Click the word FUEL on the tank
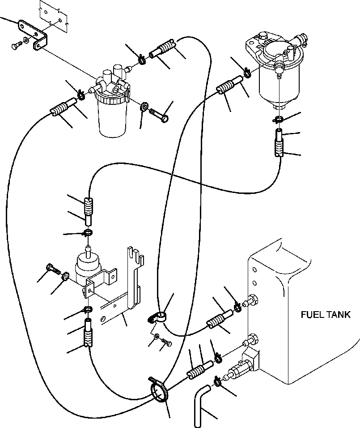[310, 315]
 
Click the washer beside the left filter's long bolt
[144, 106]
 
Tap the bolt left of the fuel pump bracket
[53, 270]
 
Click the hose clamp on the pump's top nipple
[88, 233]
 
